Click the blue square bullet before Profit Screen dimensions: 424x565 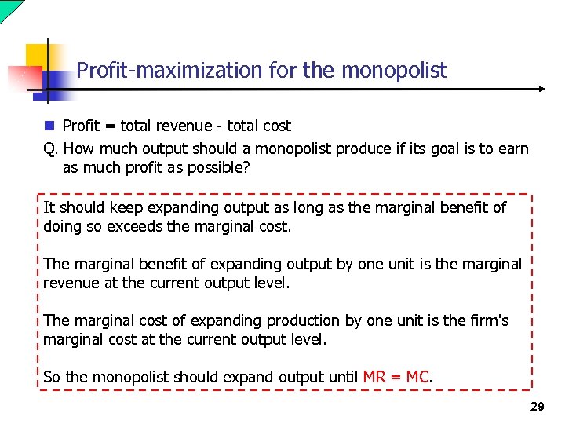49,126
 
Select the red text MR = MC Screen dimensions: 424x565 396,377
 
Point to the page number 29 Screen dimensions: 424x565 537,407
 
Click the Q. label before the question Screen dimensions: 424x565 51,148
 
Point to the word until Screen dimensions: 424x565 342,377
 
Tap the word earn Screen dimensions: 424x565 512,148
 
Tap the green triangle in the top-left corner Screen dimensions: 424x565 8,7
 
